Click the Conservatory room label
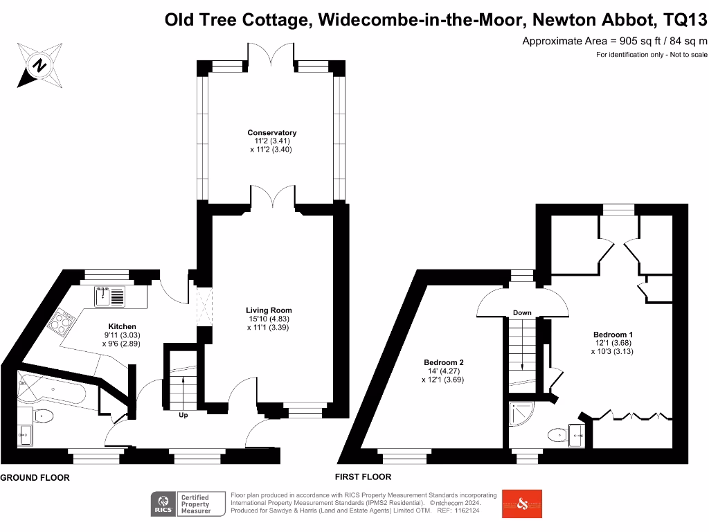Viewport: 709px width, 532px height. pyautogui.click(x=271, y=132)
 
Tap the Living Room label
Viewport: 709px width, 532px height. pyautogui.click(x=269, y=310)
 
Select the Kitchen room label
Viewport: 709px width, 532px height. pyautogui.click(x=122, y=327)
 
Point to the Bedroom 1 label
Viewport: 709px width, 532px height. pyautogui.click(x=613, y=335)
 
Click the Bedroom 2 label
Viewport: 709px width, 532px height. pyautogui.click(x=444, y=362)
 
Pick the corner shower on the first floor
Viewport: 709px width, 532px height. pyautogui.click(x=521, y=414)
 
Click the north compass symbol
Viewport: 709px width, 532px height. pyautogui.click(x=39, y=66)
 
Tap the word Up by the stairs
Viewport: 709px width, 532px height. pyautogui.click(x=183, y=415)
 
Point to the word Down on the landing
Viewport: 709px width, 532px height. pyautogui.click(x=522, y=312)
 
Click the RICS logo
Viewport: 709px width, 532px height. pyautogui.click(x=162, y=504)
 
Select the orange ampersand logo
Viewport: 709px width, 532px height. pyautogui.click(x=522, y=504)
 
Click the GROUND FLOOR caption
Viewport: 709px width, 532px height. pyautogui.click(x=35, y=478)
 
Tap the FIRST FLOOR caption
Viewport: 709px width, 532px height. pyautogui.click(x=363, y=477)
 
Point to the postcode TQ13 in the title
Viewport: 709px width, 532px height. pyautogui.click(x=685, y=19)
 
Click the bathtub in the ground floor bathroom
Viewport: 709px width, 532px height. pyautogui.click(x=52, y=389)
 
